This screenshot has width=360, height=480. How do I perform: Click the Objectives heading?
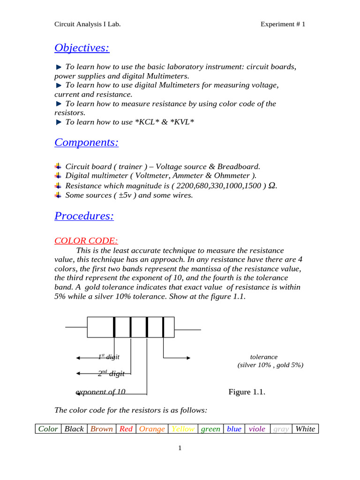pos(82,48)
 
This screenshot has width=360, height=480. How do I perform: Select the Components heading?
pos(86,142)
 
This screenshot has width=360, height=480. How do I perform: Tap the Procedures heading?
pos(84,216)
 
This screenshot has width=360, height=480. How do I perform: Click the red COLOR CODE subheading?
pos(86,240)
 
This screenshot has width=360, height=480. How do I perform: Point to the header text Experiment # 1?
pos(283,24)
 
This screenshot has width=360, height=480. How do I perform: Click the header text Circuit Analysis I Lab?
pos(88,24)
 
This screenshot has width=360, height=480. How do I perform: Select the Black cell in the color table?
pos(74,429)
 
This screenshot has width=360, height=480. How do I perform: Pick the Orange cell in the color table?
pos(152,429)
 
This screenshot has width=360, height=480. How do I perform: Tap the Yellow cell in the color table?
pos(183,429)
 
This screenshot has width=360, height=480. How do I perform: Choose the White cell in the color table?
pos(305,429)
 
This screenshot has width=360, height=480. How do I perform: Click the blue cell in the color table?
pos(234,429)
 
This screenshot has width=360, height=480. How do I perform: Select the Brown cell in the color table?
pos(101,429)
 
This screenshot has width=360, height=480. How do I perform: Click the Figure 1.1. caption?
pos(247,392)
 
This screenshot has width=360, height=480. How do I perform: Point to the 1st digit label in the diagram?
pos(109,357)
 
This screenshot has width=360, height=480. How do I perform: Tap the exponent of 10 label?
pos(100,392)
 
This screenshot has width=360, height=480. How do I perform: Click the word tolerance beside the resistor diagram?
pos(263,357)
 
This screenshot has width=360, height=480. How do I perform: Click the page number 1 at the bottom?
pos(180,448)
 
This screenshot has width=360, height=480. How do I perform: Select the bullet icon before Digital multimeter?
pos(58,175)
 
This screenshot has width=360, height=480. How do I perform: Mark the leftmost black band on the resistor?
pos(114,327)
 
